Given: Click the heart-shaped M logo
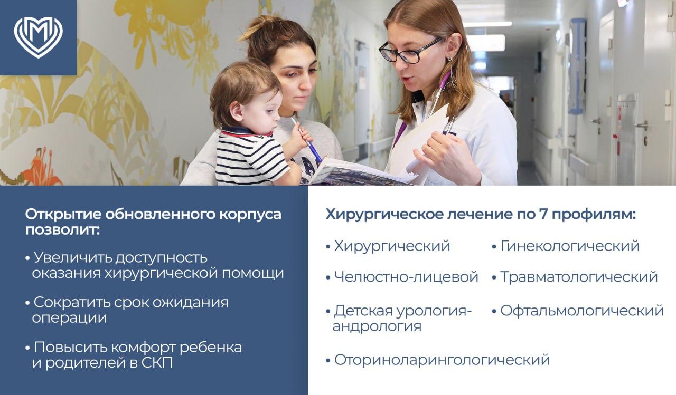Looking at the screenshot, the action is coord(39,37).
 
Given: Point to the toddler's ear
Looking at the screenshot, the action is coord(237,111).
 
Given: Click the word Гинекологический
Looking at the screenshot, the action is coord(570,246).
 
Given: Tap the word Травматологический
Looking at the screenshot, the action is coord(579,276).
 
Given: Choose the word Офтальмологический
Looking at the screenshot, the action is coord(582,311).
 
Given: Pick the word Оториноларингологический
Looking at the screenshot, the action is coord(442,360).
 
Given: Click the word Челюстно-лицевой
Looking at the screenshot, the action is coord(406,276).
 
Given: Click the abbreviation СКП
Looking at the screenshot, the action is coord(157,362).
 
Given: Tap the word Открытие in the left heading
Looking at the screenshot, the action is coord(63,214).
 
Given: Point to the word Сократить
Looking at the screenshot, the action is coord(72,302).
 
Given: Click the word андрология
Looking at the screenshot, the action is coord(377,326).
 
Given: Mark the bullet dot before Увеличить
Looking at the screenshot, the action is coord(28,258).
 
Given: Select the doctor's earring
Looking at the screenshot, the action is coord(450,57).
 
